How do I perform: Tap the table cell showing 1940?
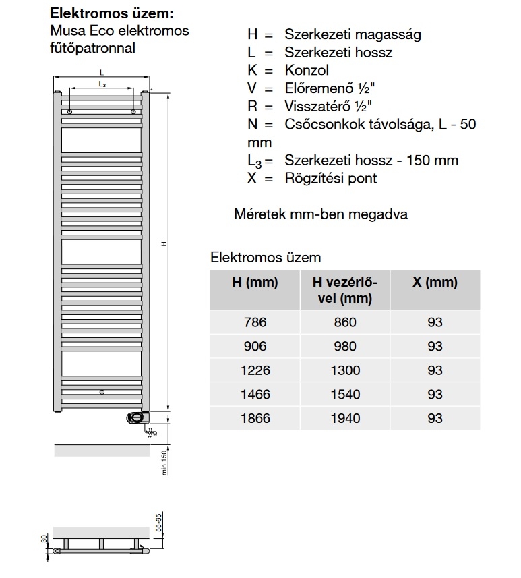coord(345,418)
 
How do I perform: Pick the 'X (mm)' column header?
coord(435,283)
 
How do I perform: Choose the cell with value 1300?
coord(345,370)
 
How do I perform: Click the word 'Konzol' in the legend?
coord(307,70)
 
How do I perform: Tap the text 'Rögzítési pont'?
coord(330,178)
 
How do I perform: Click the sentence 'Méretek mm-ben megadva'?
coord(320,214)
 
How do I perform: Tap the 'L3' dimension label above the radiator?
coord(102,84)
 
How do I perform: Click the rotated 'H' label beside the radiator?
coord(163,244)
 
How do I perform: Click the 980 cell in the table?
coord(345,346)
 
